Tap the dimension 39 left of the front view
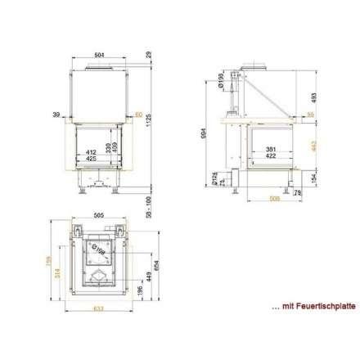(x=56, y=114)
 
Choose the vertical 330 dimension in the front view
(x=107, y=148)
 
